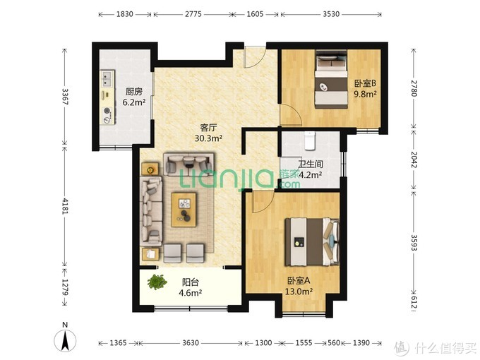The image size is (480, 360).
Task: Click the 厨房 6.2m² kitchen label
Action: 134,97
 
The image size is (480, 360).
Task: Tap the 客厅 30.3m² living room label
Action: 208,133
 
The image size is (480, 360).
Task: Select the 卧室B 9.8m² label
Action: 365,88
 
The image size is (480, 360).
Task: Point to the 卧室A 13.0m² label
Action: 299,286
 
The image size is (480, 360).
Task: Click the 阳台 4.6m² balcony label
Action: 190,287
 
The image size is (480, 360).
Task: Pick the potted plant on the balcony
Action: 157,282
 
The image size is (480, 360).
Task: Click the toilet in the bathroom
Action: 310,140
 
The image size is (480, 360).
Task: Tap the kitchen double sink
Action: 107,78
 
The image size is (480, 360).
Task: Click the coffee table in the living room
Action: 184,210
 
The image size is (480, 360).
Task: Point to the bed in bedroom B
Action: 332,79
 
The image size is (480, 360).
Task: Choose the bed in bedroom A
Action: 312,241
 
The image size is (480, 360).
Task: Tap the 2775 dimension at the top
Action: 193,14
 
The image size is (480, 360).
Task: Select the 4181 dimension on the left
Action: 65,205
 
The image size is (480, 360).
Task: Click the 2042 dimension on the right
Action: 414,160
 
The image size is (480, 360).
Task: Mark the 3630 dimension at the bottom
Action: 191,343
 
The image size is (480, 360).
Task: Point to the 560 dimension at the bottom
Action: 333,343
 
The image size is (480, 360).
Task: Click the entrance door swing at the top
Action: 254,57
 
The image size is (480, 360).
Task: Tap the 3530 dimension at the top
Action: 331,14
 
